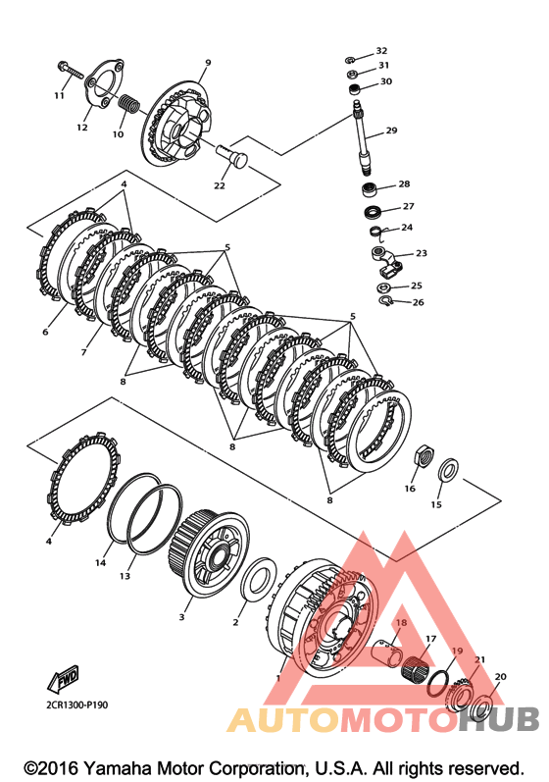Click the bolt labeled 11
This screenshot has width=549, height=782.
[x=71, y=71]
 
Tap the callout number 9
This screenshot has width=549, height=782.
[x=208, y=63]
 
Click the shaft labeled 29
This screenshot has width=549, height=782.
[x=364, y=137]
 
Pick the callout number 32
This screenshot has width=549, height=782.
[x=381, y=50]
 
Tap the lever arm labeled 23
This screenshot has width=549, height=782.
[x=388, y=261]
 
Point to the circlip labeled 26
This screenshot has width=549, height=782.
[x=385, y=300]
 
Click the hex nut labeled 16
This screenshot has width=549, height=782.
[x=423, y=454]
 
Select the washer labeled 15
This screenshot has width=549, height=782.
[x=449, y=469]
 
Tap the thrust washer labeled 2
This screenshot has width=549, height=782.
[x=259, y=581]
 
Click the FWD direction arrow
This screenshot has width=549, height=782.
[x=63, y=679]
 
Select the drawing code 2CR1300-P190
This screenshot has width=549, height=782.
[x=75, y=704]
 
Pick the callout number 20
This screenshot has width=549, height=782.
[x=500, y=676]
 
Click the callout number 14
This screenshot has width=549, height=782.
[x=101, y=562]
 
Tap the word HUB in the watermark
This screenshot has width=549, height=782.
[x=499, y=719]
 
